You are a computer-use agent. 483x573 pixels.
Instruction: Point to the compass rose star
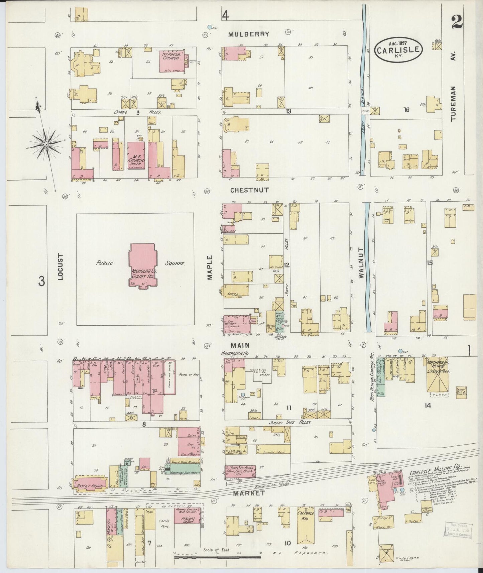tap(46, 144)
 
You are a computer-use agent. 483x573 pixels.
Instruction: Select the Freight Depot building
tap(188, 520)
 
